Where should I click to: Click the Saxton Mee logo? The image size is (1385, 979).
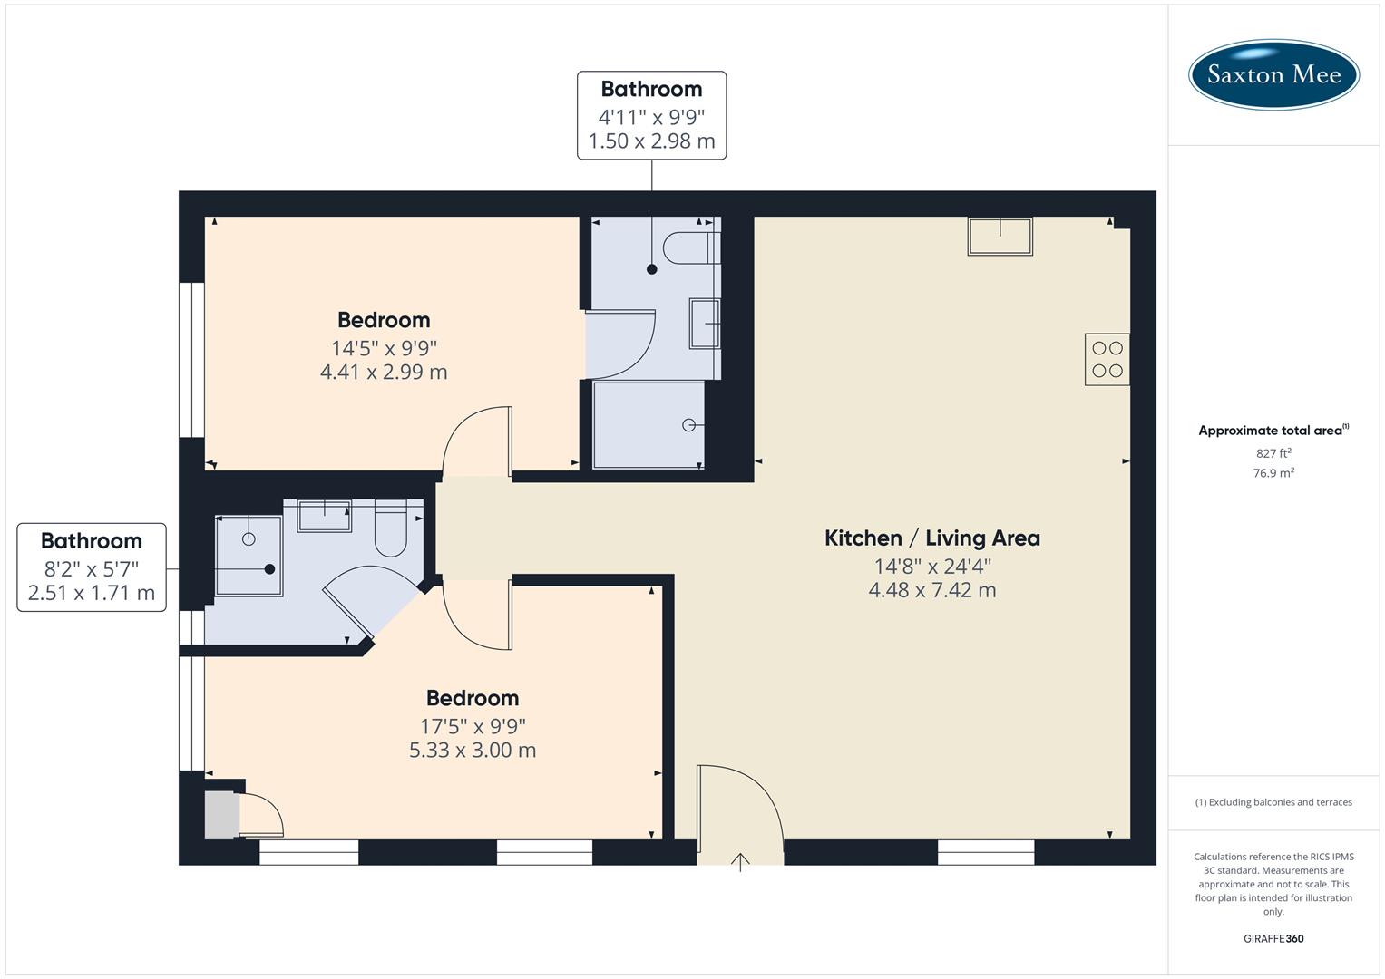coord(1273,74)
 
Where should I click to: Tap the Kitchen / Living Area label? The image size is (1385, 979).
coord(931,538)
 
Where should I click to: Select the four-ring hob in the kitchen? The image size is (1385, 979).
coord(1107,359)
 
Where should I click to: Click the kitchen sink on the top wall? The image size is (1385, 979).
coord(1000,237)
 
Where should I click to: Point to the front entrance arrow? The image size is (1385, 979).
coord(740,861)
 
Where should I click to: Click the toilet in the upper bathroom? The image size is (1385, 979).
coord(689,247)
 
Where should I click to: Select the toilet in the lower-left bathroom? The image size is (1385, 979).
coord(392,531)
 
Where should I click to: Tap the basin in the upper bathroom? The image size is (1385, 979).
coord(705,323)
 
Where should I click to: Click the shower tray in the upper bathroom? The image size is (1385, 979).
coord(649,424)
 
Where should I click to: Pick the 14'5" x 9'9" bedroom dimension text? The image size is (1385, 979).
coord(384,347)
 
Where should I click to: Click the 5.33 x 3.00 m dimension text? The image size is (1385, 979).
coord(473,750)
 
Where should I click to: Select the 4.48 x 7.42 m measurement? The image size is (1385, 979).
coord(931,590)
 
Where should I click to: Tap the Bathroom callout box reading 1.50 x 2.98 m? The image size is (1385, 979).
coord(651,115)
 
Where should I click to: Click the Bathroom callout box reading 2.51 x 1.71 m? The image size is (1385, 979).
coord(92,567)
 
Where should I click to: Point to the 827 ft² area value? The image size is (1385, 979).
coord(1273,453)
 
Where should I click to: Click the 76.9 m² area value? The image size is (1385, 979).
coord(1273,472)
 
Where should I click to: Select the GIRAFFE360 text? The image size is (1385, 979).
coord(1273,938)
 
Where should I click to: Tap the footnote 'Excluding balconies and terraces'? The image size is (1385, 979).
coord(1273,802)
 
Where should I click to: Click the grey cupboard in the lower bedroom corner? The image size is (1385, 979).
coord(220,814)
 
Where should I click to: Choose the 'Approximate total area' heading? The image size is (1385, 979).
coord(1273,431)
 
